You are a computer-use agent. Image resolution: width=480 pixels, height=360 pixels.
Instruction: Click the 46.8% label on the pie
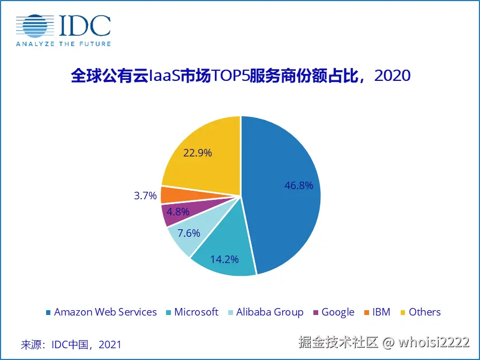[x=298, y=186]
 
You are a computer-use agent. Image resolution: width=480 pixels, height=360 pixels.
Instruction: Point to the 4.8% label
[x=178, y=212]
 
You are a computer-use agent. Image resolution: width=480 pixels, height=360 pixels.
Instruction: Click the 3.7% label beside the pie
[x=145, y=196]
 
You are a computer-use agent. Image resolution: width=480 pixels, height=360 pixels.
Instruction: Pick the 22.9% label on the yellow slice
[x=198, y=153]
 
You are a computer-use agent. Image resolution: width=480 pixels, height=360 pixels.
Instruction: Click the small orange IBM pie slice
[x=170, y=194]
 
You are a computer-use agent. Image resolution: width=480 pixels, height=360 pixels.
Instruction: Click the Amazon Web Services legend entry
[x=105, y=312]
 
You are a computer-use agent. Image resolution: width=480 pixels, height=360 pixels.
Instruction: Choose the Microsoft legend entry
[x=196, y=312]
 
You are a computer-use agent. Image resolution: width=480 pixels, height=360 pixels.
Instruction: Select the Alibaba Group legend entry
[x=269, y=312]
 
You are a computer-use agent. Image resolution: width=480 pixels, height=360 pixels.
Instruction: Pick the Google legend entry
[x=337, y=312]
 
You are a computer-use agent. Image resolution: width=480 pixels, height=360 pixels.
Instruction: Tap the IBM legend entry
[x=381, y=312]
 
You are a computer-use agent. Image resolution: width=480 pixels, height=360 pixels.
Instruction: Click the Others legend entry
[x=424, y=312]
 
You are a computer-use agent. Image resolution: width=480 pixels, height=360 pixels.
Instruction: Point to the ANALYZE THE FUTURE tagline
[x=63, y=44]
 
